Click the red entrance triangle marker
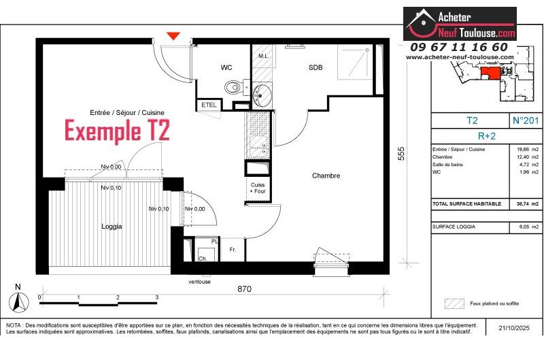point(174,36)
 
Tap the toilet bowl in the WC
point(233,86)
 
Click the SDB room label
point(316,67)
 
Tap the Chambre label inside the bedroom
point(326,176)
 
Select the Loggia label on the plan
point(112,227)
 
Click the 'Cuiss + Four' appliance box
point(258,188)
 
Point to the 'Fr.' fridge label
point(233,250)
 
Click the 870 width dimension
point(244,289)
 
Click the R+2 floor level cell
point(486,135)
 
